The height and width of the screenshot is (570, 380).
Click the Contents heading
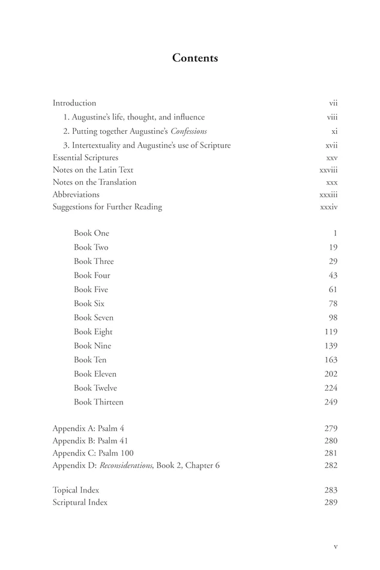(x=195, y=58)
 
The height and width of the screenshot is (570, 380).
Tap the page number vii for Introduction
(x=333, y=103)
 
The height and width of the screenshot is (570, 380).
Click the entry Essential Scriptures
(x=85, y=158)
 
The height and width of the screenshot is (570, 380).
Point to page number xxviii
(x=328, y=170)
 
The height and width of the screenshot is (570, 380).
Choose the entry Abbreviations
(x=76, y=194)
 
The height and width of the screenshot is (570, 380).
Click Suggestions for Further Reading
(x=107, y=207)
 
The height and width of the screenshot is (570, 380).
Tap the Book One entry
(x=91, y=233)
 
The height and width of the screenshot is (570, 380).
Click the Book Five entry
(x=91, y=290)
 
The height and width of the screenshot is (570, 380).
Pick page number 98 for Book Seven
(x=333, y=318)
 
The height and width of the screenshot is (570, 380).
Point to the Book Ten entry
(x=90, y=360)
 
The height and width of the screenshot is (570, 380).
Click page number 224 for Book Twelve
(x=330, y=388)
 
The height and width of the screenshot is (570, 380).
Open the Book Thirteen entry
(x=98, y=402)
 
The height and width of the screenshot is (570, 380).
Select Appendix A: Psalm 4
(x=88, y=428)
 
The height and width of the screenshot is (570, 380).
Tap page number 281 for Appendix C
(x=330, y=453)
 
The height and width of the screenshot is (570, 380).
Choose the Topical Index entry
(x=76, y=490)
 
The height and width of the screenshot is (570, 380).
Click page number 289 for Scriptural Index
(x=330, y=503)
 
